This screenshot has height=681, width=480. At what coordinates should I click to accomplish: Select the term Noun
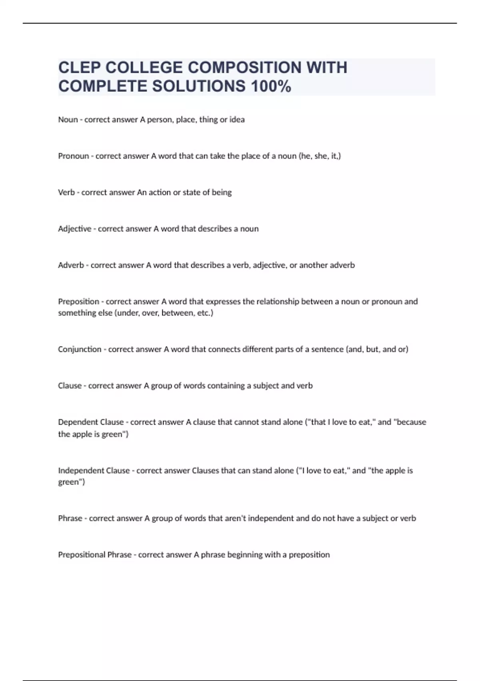coord(68,119)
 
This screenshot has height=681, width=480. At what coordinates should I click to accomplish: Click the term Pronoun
coord(74,156)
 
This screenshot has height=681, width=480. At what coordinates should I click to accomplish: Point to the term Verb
coord(66,192)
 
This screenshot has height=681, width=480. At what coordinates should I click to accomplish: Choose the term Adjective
coord(75,229)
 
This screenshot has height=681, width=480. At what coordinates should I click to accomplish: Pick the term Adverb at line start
coord(71,265)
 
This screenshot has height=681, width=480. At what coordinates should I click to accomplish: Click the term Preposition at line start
coord(79,301)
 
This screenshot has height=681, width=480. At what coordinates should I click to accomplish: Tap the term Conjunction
coord(80,349)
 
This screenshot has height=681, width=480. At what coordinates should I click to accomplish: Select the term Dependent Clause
coord(91,422)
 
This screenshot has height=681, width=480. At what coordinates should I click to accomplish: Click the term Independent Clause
coord(94,470)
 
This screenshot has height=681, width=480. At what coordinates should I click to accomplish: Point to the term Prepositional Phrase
coord(95,555)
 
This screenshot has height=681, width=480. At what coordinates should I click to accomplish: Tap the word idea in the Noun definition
coord(237,119)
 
